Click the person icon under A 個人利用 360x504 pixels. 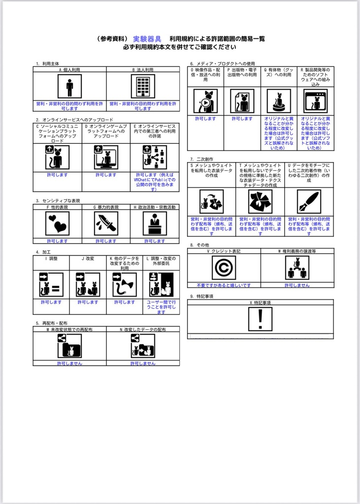pyautogui.click(x=69, y=87)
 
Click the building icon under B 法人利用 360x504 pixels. pyautogui.click(x=143, y=87)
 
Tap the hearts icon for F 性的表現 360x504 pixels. pyautogui.click(x=57, y=223)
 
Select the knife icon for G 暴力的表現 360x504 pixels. pyautogui.click(x=106, y=223)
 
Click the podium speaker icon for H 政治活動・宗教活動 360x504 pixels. pyautogui.click(x=155, y=223)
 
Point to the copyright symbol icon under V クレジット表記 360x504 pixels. pyautogui.click(x=224, y=268)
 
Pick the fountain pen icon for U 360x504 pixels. pyautogui.click(x=309, y=201)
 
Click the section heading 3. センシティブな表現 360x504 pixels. pyautogui.click(x=58, y=201)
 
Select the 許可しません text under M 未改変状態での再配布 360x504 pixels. pyautogui.click(x=69, y=363)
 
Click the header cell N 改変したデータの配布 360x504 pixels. pyautogui.click(x=143, y=329)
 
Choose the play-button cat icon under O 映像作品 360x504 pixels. pyautogui.click(x=205, y=101)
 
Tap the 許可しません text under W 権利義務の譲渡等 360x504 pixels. pyautogui.click(x=297, y=285)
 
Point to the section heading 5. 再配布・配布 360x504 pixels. pyautogui.click(x=52, y=323)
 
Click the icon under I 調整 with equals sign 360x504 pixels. pyautogui.click(x=51, y=285)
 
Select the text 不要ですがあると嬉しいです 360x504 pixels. pyautogui.click(x=224, y=285)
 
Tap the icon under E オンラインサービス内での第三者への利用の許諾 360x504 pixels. pyautogui.click(x=155, y=157)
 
